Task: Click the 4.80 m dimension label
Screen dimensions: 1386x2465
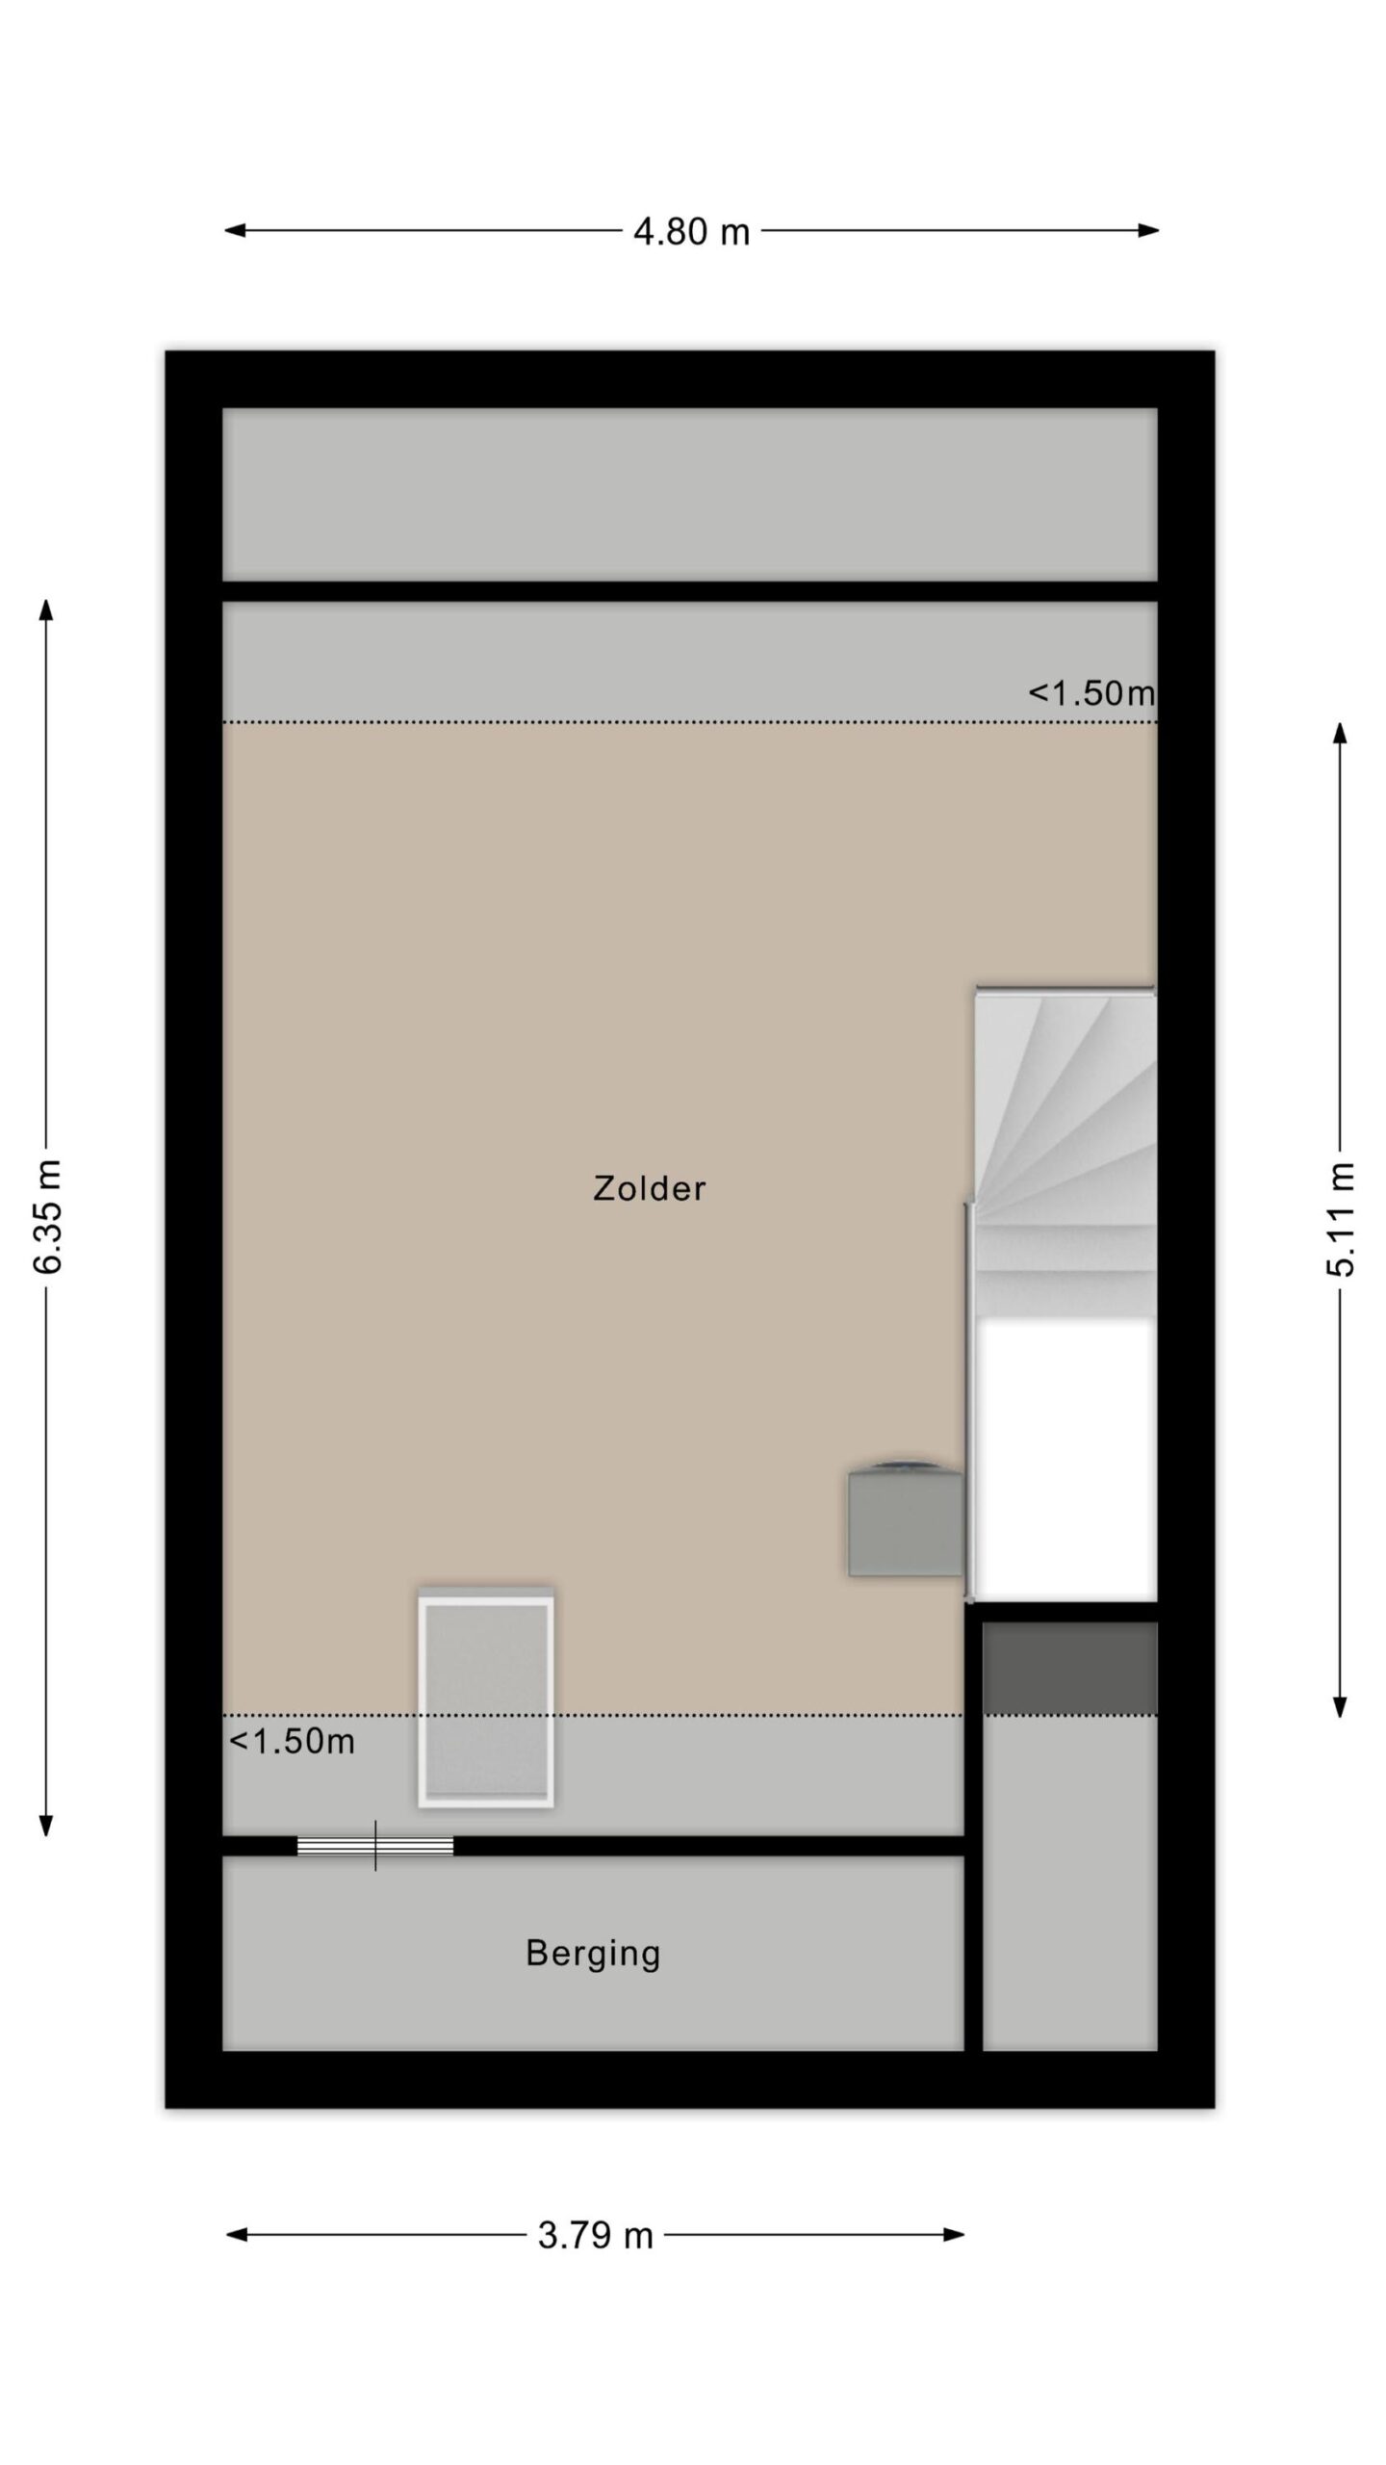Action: tap(691, 231)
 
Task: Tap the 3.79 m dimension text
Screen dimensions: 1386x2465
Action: tap(595, 2235)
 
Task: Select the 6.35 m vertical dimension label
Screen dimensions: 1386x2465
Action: tap(47, 1216)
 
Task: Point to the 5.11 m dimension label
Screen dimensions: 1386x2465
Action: tap(1340, 1219)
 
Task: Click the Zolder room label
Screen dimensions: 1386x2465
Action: tap(649, 1188)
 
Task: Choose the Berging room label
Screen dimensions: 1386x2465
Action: tap(593, 1954)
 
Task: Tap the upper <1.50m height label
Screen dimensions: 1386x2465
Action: tap(1091, 692)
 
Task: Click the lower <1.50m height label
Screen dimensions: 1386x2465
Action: tap(292, 1741)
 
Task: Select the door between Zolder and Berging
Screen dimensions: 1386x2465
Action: tap(374, 1846)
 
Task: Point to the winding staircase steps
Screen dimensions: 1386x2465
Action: tap(1065, 1153)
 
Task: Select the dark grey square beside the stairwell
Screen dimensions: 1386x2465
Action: tap(1069, 1669)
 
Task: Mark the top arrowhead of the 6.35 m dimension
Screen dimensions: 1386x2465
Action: tap(46, 610)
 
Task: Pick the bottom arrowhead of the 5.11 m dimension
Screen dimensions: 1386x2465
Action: tap(1340, 1707)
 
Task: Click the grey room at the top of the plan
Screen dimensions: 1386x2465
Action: tap(689, 494)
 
